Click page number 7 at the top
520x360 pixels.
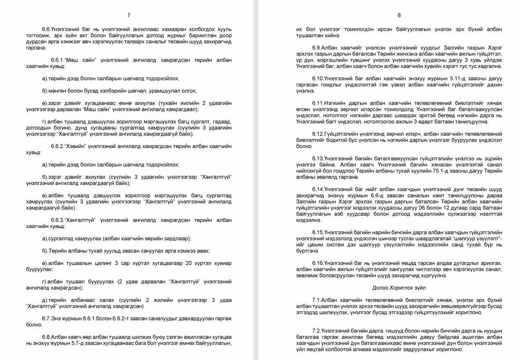point(129,15)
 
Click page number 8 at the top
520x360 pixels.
point(399,15)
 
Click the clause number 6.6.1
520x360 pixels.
point(57,60)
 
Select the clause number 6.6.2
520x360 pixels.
point(57,146)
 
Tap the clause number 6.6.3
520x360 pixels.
point(57,220)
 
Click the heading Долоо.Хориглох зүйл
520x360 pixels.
point(399,288)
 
